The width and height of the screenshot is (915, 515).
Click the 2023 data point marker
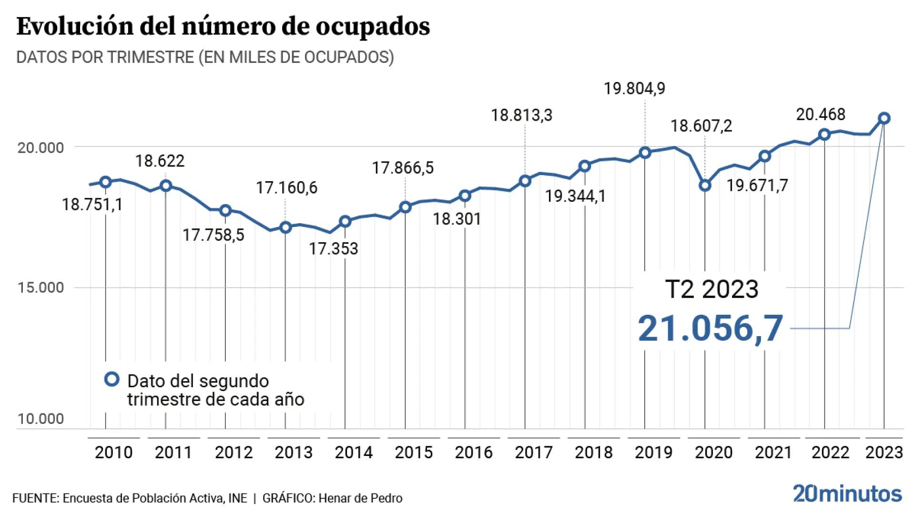click(884, 118)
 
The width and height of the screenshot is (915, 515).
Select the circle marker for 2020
click(705, 185)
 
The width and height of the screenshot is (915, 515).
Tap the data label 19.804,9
click(634, 89)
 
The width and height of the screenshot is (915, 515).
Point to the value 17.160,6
click(286, 188)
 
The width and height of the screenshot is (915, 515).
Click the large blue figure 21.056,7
click(710, 329)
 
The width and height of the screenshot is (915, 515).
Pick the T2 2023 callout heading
click(711, 289)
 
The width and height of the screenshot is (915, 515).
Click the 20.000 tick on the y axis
click(41, 148)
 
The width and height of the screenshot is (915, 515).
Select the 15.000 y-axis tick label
click(41, 288)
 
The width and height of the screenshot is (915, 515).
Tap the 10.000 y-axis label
click(41, 419)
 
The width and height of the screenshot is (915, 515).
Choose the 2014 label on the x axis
click(353, 452)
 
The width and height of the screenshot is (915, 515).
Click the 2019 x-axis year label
click(653, 452)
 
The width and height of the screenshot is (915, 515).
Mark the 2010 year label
click(113, 452)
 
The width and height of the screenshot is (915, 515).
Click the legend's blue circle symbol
click(112, 380)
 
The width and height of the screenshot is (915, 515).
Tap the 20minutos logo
click(847, 494)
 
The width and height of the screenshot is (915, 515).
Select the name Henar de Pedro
click(360, 498)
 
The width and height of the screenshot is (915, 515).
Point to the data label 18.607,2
click(701, 126)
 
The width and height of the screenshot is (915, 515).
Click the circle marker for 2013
click(285, 227)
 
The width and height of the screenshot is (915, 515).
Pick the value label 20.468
click(821, 114)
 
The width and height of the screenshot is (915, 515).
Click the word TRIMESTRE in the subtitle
click(150, 57)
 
